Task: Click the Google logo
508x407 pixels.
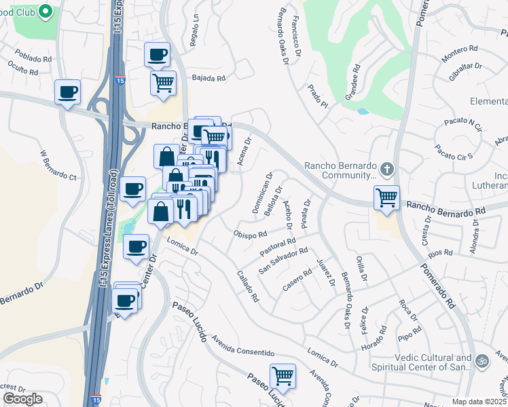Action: click(x=22, y=399)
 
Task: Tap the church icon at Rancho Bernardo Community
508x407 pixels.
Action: click(x=387, y=168)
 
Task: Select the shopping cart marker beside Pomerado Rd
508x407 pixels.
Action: click(x=386, y=198)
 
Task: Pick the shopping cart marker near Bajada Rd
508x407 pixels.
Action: click(x=163, y=83)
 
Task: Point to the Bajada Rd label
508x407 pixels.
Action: click(x=208, y=79)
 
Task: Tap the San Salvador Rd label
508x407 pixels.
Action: click(x=284, y=260)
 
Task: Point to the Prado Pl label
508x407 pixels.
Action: click(x=317, y=96)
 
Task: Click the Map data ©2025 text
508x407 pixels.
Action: click(x=479, y=402)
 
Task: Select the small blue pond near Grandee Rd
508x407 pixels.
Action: click(x=362, y=111)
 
